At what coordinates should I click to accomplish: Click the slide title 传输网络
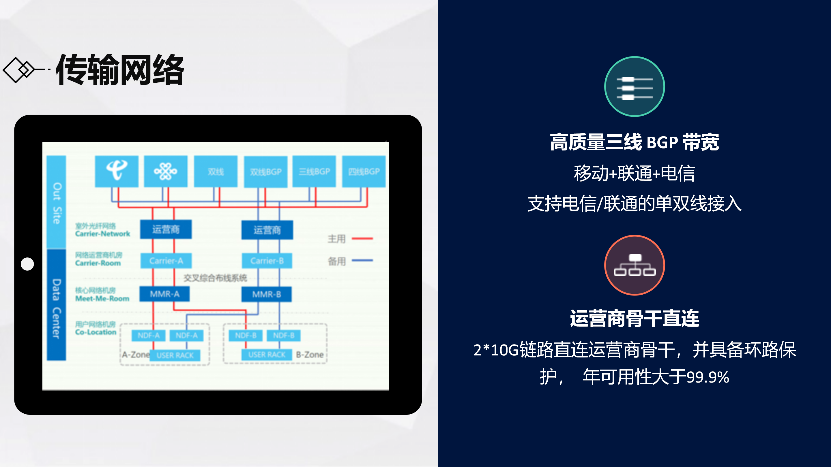pos(120,70)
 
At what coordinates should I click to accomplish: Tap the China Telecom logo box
pos(117,171)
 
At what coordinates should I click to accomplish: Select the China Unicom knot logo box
pos(166,171)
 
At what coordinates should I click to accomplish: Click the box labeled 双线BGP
pos(265,172)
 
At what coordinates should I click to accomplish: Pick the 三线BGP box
pos(314,171)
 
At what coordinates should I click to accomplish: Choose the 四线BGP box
pos(364,171)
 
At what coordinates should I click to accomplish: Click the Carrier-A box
pos(166,260)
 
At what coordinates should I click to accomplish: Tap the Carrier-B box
pos(267,260)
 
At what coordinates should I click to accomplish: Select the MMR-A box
pos(164,294)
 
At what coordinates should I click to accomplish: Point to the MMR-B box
pos(266,294)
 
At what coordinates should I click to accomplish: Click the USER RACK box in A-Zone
pos(175,355)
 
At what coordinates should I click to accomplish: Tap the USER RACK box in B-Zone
pos(267,355)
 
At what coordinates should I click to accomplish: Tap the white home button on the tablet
pos(27,264)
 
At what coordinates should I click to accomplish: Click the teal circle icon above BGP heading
pos(634,86)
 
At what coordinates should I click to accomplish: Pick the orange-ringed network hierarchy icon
pos(634,265)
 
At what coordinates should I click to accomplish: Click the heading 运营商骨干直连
pos(634,319)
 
